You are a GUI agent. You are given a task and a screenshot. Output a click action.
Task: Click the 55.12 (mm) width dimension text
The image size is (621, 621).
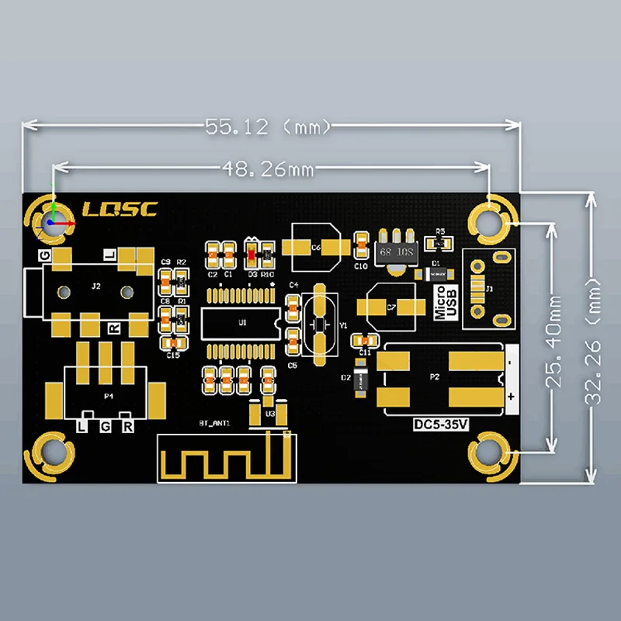[x=268, y=126]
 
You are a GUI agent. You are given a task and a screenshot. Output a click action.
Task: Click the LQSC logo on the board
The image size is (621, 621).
[x=120, y=209]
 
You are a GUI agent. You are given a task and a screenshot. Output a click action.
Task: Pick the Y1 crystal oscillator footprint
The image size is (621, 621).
[x=320, y=324]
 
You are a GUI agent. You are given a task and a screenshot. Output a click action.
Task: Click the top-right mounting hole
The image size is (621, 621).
[x=491, y=223]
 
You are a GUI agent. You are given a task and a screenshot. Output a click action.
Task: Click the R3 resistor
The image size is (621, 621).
[x=439, y=243]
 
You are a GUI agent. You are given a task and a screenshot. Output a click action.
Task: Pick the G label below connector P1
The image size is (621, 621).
[x=106, y=427]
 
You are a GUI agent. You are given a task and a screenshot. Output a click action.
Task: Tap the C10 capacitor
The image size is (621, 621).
[x=360, y=248]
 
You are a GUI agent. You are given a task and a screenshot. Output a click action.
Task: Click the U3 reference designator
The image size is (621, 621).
[x=270, y=414]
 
